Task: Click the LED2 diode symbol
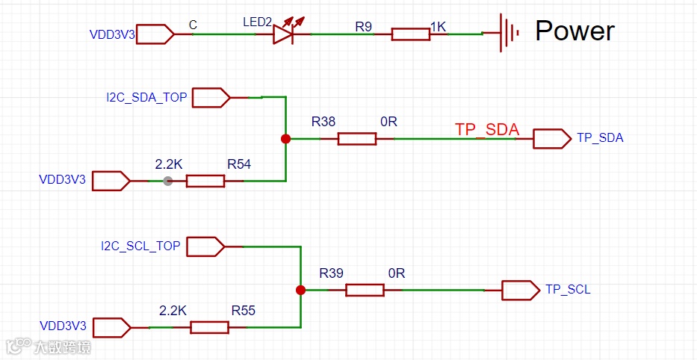283,34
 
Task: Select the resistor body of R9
411,34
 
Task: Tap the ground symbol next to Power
509,34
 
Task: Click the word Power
574,31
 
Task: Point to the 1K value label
438,27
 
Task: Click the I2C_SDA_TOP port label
146,97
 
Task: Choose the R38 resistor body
357,138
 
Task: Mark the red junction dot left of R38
285,138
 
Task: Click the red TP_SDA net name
486,129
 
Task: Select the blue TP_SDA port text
600,138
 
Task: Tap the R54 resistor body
205,181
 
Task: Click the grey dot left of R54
167,181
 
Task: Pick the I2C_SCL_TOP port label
140,246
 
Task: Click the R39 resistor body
365,290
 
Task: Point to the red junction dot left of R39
300,290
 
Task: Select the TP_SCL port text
568,289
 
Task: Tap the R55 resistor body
210,327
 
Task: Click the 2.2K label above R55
173,310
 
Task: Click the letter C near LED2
193,25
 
